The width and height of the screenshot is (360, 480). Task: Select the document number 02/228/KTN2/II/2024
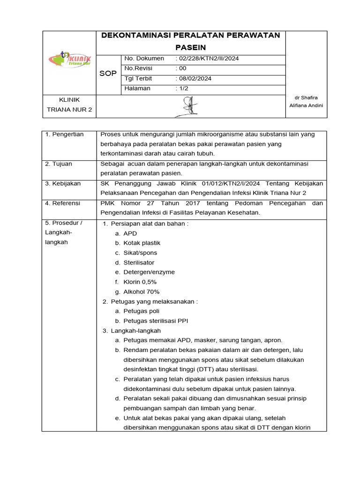(x=207, y=59)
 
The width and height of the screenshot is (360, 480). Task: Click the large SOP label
(x=108, y=74)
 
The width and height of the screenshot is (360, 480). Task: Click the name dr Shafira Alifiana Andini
(x=306, y=101)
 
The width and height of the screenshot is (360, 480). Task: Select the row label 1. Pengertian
(x=64, y=135)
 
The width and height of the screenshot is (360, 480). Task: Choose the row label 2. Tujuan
(x=59, y=164)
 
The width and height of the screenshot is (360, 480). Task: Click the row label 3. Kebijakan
(x=63, y=183)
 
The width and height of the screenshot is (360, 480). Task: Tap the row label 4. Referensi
(x=63, y=203)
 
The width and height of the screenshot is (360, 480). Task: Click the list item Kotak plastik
(x=142, y=243)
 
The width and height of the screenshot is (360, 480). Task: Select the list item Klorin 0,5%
(x=140, y=282)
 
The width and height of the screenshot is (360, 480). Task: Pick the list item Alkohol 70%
(x=141, y=292)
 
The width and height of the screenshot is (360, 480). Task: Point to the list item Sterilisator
(x=139, y=262)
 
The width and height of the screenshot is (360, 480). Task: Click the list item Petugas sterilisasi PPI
(x=156, y=321)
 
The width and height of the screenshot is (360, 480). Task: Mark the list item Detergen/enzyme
(x=149, y=272)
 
